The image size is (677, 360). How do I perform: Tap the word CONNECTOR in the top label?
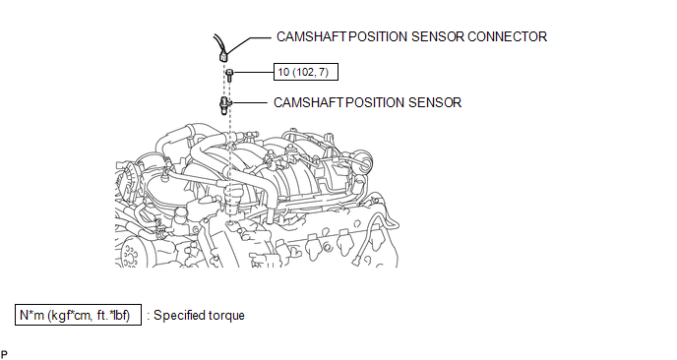pos(507,36)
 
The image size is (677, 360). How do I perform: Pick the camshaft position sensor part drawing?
pos(225,105)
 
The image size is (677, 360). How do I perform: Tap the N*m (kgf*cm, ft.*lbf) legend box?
pos(78,315)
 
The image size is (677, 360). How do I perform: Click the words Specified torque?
pos(199,315)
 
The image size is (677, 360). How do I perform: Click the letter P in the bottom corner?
pos(4,355)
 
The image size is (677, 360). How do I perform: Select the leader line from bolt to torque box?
pos(254,72)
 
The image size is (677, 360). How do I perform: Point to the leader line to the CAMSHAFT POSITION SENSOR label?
pos(250,102)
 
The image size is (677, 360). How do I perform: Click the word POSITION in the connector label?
pos(378,36)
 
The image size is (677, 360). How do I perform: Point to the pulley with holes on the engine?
pos(130,255)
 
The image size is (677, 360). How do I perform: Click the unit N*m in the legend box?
pos(31,315)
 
